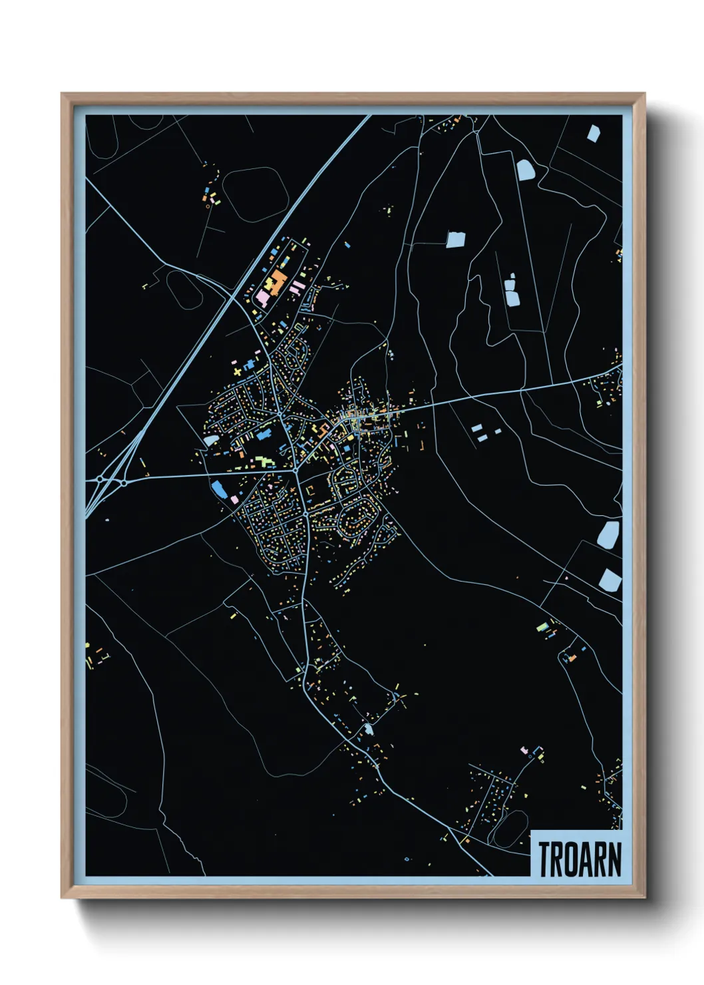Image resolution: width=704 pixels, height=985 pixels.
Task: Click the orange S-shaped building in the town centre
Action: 327,426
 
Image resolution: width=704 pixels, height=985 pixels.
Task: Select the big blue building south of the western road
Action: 218,489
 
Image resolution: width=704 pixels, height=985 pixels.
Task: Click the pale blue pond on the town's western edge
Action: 210,441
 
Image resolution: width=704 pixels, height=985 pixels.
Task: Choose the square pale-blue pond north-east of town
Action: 456,240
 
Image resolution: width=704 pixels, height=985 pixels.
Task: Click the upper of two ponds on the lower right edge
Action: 608,534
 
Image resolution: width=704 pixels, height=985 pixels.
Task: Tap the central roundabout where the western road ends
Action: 295,471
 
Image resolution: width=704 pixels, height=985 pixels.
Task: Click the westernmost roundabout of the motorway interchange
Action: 99,479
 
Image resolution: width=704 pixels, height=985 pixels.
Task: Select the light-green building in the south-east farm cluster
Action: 545,627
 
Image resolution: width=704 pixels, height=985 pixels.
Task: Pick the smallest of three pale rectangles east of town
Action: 498,431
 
